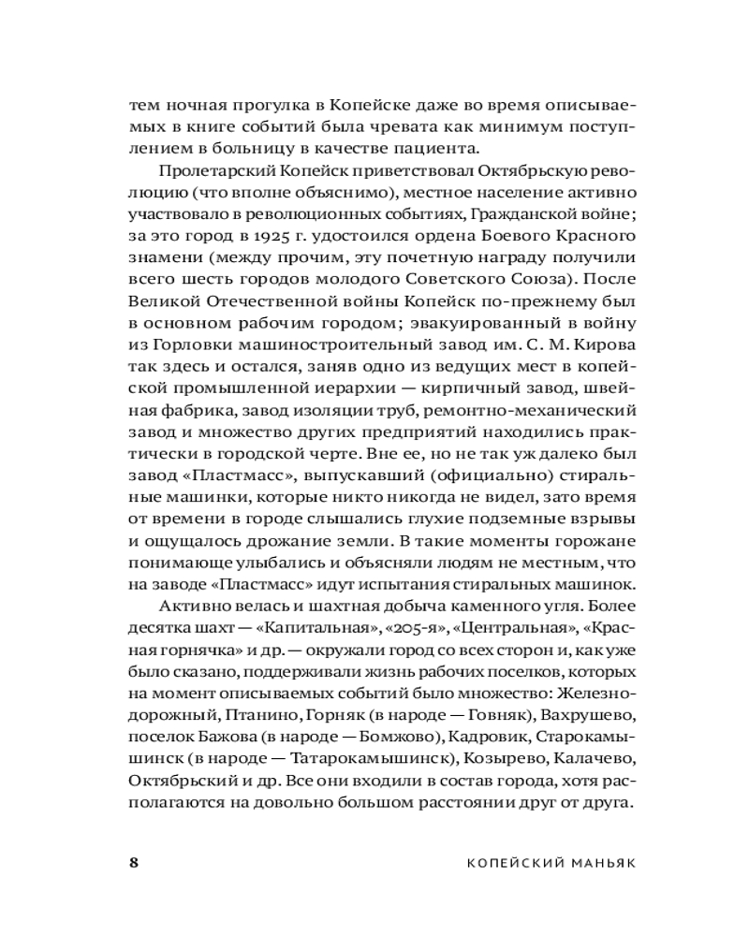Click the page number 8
(133, 863)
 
